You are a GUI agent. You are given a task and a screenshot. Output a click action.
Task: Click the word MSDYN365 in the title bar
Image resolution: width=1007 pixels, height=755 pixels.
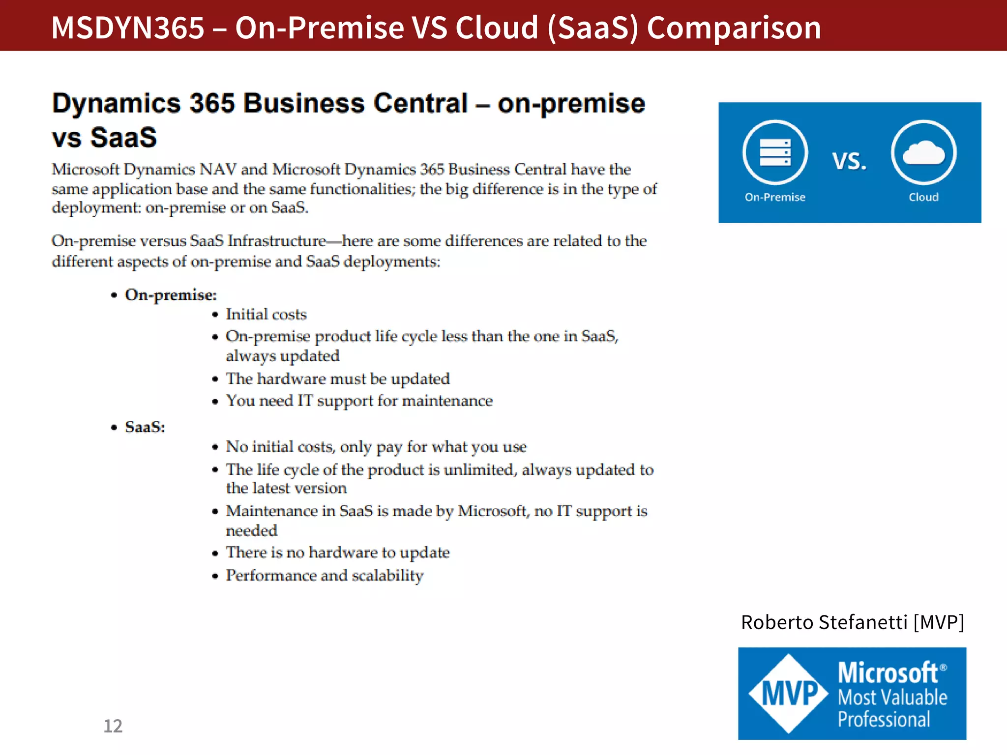(127, 28)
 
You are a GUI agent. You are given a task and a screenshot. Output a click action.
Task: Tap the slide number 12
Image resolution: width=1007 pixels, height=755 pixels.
(113, 726)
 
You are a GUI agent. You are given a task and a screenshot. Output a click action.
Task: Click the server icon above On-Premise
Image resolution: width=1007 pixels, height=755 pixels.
(775, 152)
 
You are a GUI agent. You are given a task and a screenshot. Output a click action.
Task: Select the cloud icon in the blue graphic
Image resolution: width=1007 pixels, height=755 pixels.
(923, 152)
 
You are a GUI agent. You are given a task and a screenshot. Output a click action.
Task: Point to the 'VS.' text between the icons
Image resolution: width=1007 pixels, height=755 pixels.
(849, 161)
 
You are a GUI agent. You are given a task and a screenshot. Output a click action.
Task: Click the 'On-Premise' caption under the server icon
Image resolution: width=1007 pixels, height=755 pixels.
(775, 197)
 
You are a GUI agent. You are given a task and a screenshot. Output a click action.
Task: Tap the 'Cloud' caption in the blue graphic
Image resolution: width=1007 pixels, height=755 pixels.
(923, 197)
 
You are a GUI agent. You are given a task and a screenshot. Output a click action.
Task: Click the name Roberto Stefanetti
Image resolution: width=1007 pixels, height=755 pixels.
(824, 622)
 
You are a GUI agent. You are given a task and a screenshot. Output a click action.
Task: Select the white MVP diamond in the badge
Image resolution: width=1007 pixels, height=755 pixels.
(789, 693)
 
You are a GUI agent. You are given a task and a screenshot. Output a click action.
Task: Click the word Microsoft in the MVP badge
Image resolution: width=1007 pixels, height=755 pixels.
(888, 672)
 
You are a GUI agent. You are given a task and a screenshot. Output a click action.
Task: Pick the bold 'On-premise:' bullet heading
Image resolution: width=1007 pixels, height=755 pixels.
(171, 295)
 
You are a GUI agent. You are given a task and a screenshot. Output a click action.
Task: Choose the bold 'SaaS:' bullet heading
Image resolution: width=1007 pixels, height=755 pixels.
(145, 427)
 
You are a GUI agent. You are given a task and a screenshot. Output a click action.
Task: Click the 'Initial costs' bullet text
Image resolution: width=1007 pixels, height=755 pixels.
(266, 314)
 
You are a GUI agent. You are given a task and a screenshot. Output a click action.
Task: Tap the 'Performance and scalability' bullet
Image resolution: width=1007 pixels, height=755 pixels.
(325, 575)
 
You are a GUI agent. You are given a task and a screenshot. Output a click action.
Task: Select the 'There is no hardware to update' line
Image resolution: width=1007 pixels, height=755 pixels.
(338, 552)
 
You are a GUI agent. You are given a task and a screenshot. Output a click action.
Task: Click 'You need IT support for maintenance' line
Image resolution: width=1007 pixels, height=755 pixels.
(359, 401)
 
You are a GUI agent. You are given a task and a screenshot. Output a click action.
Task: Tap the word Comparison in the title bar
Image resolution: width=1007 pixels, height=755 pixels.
(734, 28)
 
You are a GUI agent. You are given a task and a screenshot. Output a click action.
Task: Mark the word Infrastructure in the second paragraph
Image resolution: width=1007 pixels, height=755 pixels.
(277, 241)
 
